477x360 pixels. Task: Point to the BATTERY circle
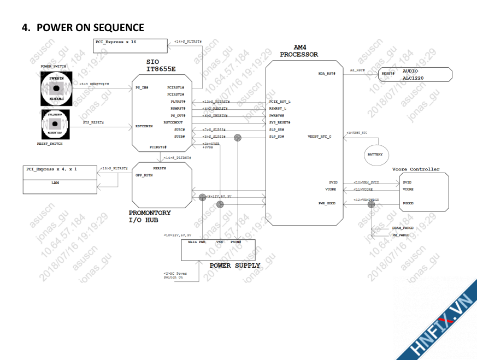[375, 155]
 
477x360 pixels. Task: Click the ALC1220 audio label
[413, 78]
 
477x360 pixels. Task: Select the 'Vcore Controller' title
[416, 169]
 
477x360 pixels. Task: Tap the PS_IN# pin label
[142, 87]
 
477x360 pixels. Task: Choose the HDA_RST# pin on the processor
[326, 73]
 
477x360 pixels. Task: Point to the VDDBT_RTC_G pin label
[320, 137]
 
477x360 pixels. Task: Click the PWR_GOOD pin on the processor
[327, 203]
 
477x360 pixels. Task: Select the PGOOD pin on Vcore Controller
[408, 203]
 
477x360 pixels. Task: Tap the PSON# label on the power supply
[236, 241]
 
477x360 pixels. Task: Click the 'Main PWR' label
[197, 241]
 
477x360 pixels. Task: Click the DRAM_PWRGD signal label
[403, 228]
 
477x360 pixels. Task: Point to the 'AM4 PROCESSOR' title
[299, 51]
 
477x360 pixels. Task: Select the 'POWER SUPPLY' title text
[235, 265]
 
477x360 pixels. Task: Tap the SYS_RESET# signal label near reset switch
[93, 123]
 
